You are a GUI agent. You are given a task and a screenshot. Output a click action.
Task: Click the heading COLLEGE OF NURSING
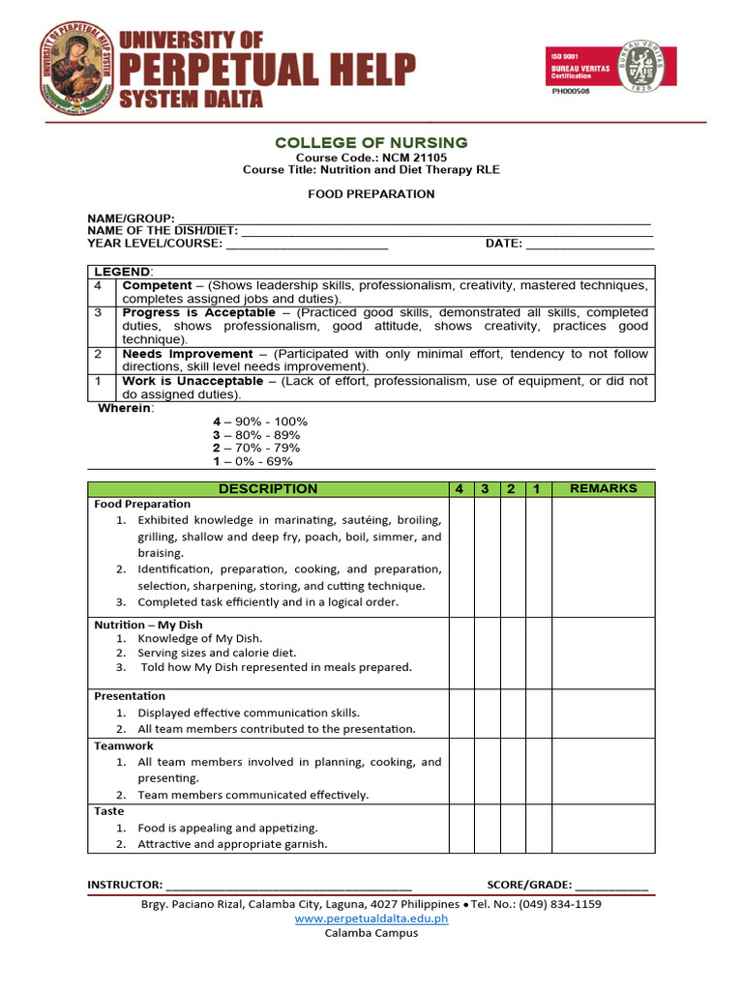(x=371, y=143)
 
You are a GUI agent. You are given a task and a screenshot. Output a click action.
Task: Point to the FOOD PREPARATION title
(x=371, y=194)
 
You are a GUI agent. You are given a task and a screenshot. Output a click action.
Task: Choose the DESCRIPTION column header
(x=268, y=489)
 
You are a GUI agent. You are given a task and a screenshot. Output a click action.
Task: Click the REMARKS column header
(x=603, y=489)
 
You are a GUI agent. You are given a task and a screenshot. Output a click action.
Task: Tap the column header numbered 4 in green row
(x=459, y=489)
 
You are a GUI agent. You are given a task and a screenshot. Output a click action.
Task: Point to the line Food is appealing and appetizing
(x=227, y=828)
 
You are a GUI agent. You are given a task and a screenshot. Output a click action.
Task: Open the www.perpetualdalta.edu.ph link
(x=371, y=918)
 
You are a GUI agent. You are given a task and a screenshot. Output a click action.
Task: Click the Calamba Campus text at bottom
(x=371, y=933)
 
